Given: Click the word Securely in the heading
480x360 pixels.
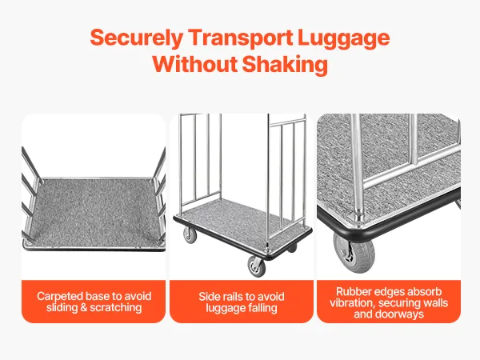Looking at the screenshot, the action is tap(137, 38).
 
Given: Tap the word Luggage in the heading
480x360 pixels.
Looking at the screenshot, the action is tap(343, 38).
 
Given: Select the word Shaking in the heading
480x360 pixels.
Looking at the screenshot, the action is tap(285, 65).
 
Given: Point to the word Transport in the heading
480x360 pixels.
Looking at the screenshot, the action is tap(240, 38).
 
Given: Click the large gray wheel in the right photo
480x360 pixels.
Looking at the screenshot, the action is tap(354, 253).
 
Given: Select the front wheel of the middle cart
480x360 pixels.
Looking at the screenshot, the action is tap(257, 266).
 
